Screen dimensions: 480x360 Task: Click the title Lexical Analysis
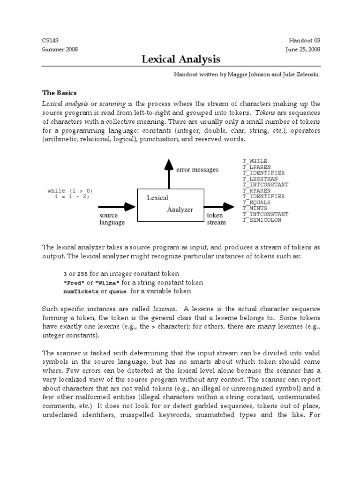click(181, 59)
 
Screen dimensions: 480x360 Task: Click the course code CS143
click(50, 41)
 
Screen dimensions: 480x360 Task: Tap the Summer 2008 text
click(60, 49)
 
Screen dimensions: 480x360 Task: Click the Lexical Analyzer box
click(170, 204)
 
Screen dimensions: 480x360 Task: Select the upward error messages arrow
click(168, 173)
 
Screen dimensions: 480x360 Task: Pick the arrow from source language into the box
click(117, 206)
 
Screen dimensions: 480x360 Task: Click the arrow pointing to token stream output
click(220, 206)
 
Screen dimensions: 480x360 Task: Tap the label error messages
click(197, 170)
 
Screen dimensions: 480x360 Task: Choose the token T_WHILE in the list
click(255, 161)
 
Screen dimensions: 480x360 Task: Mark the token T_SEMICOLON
click(262, 220)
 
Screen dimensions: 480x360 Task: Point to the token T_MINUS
click(255, 208)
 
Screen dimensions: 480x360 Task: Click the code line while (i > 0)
click(70, 191)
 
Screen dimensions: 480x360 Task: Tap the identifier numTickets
click(81, 292)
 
